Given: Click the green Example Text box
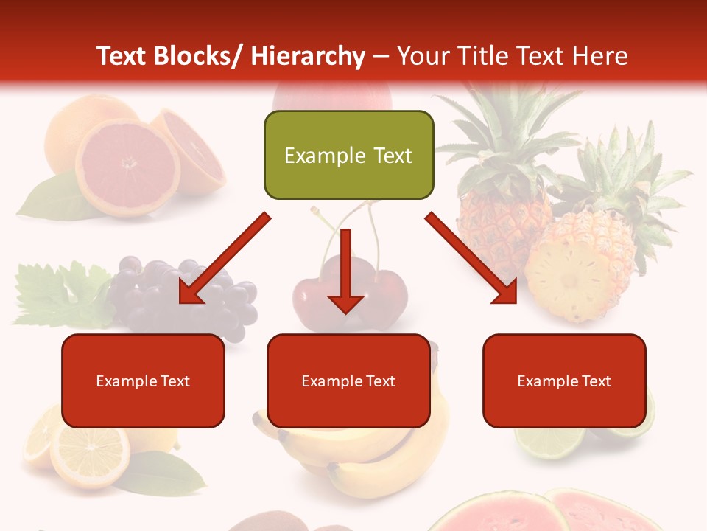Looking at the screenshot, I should point(348,155).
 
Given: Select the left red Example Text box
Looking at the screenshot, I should point(143,381).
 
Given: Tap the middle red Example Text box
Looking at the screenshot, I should point(348,381).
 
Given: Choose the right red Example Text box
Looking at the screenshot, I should point(564,381).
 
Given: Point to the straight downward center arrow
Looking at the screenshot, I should point(345,273).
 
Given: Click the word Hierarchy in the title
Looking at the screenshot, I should point(308,56).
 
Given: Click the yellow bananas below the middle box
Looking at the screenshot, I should point(368,457).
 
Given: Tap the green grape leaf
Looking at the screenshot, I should point(59,295).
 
